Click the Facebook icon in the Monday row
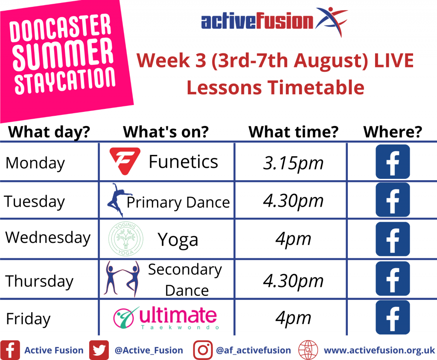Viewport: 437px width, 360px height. [393, 162]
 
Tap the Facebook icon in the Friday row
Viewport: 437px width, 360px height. [393, 317]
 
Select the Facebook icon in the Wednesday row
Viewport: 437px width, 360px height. [393, 239]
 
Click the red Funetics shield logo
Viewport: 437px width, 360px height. [125, 161]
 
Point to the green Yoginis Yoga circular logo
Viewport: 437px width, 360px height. [126, 239]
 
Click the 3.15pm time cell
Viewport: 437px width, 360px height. [293, 163]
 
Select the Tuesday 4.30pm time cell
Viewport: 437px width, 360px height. [293, 201]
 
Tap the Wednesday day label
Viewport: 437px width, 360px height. [48, 238]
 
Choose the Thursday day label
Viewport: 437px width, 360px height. [39, 281]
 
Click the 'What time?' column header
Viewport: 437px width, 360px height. [294, 132]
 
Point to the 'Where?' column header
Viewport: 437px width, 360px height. [393, 132]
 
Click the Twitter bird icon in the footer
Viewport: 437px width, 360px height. [99, 350]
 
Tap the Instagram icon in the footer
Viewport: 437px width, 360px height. [203, 350]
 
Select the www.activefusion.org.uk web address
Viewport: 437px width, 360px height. [379, 350]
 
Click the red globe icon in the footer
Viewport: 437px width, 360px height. [308, 350]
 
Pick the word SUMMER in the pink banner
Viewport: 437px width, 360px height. [63, 54]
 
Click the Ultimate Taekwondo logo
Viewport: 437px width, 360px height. [166, 318]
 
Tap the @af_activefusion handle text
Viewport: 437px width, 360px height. [253, 350]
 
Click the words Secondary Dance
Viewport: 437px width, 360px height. [185, 280]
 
